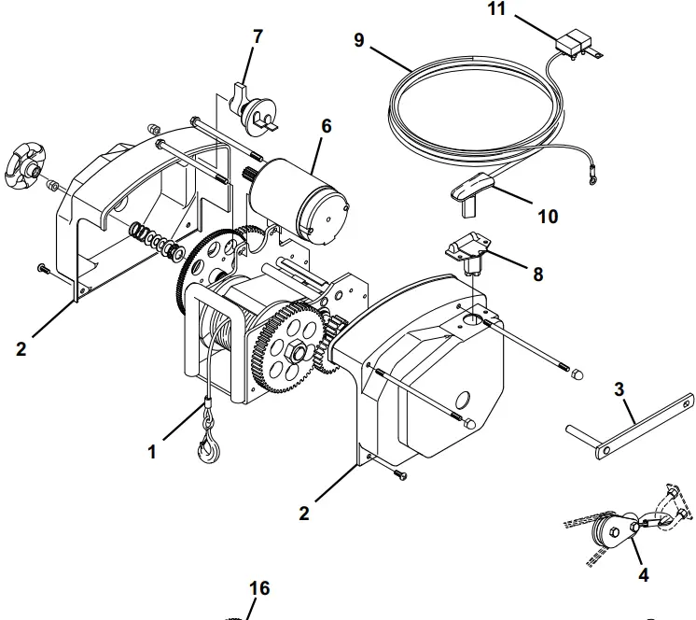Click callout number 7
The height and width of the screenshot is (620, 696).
(258, 38)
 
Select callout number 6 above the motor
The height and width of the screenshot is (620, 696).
(325, 126)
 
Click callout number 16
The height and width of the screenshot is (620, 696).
(259, 588)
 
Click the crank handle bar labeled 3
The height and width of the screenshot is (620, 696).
(629, 430)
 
